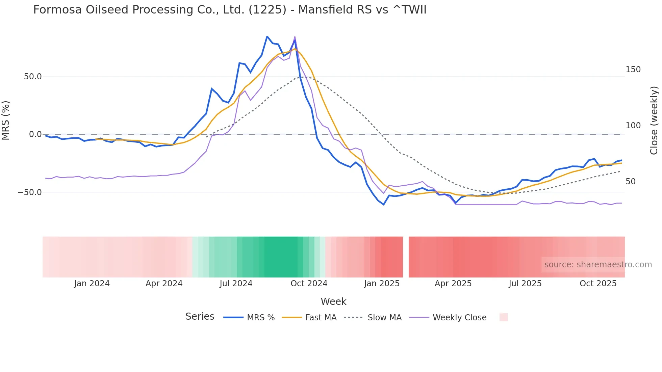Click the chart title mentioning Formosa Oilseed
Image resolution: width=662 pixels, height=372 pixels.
click(x=230, y=10)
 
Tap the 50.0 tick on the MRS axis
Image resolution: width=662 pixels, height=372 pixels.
click(x=33, y=77)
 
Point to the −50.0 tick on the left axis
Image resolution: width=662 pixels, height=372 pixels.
click(x=30, y=192)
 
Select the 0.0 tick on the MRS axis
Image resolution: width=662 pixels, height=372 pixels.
click(x=35, y=134)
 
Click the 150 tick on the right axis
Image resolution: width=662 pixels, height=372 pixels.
click(x=633, y=70)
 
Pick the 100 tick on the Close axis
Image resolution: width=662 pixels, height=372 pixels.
click(x=633, y=126)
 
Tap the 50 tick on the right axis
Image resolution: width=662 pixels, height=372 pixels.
click(x=630, y=182)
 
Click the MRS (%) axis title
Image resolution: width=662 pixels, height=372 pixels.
click(x=6, y=120)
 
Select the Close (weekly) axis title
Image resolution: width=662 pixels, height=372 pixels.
click(x=654, y=120)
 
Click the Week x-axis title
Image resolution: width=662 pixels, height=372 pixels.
click(x=333, y=301)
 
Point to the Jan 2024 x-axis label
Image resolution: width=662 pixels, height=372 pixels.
click(x=92, y=284)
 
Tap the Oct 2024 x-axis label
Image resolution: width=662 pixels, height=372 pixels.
click(x=309, y=284)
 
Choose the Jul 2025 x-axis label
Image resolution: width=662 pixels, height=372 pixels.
click(x=525, y=284)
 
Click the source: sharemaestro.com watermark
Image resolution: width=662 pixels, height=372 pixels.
click(x=598, y=265)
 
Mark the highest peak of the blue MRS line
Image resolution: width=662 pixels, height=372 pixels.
click(x=267, y=36)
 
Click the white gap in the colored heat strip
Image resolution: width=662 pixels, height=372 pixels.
click(x=406, y=257)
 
